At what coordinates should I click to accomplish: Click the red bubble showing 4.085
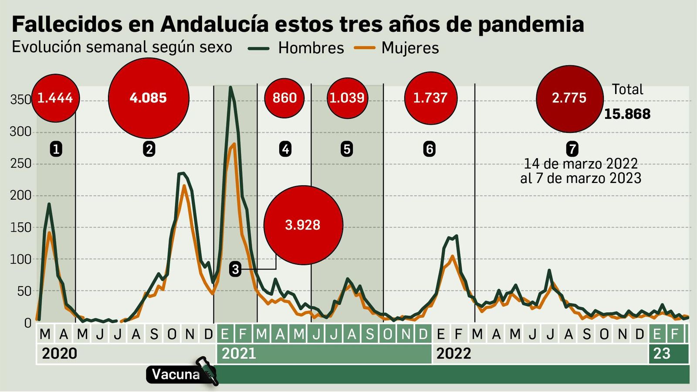click(149, 98)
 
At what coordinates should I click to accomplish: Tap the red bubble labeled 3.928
click(303, 225)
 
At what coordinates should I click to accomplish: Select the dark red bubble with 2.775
click(569, 98)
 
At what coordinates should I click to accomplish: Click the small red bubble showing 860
click(284, 98)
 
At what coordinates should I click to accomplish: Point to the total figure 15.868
click(627, 114)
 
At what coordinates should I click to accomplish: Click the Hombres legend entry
click(311, 48)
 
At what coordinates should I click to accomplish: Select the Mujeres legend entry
click(410, 48)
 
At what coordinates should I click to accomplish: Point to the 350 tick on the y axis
click(20, 100)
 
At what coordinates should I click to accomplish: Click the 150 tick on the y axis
click(20, 227)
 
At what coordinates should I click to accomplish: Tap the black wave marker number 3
click(235, 269)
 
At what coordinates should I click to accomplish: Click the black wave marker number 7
click(572, 149)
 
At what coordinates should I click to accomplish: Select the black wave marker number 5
click(347, 149)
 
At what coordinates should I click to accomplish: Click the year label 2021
click(239, 353)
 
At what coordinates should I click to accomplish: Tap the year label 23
click(662, 353)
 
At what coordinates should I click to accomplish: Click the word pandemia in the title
click(531, 24)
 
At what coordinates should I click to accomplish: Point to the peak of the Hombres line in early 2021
click(230, 88)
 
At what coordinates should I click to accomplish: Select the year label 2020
click(59, 353)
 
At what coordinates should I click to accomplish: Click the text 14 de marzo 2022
click(580, 164)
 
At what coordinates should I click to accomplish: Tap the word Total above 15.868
click(627, 89)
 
